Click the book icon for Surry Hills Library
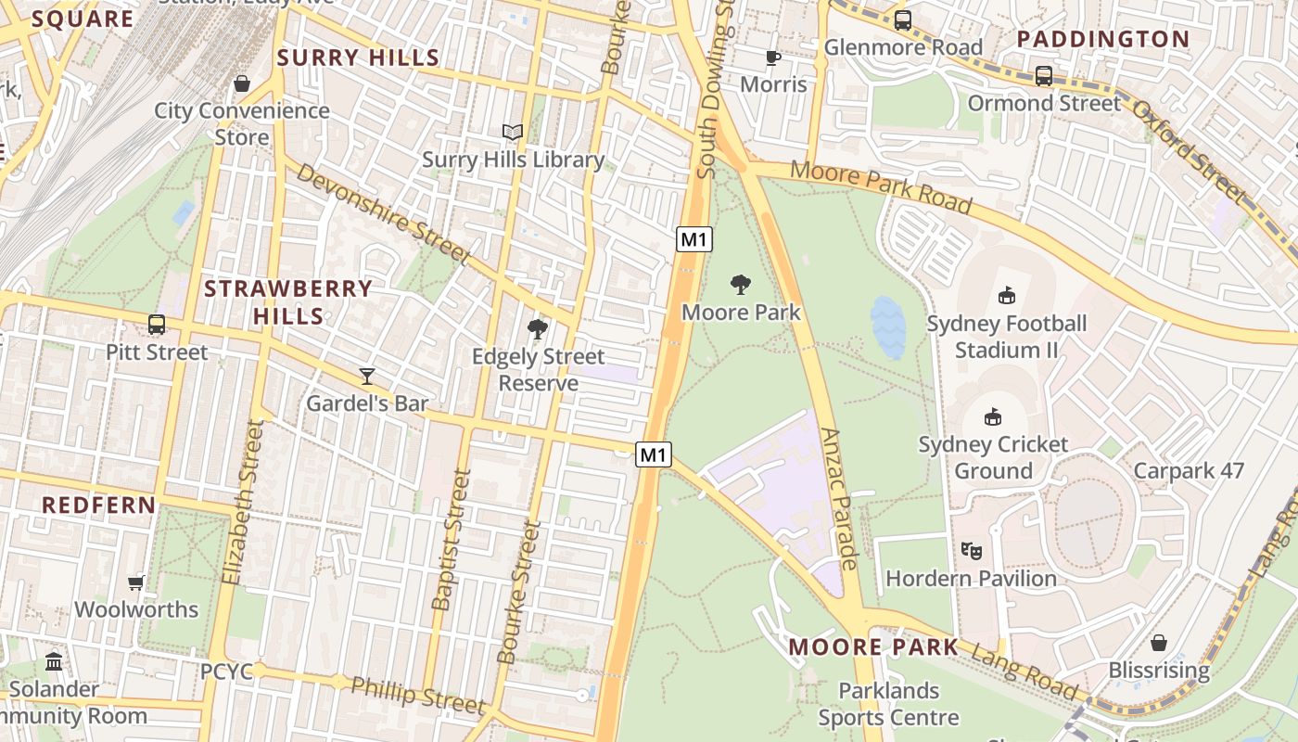coord(513,133)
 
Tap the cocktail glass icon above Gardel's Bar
coord(367,376)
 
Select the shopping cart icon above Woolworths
coord(136,582)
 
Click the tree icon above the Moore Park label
coord(741,284)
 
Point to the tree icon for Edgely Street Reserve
coord(537,328)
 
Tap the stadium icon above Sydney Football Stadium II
coord(1006,296)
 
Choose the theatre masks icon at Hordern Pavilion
coord(971,551)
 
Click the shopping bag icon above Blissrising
coord(1158,643)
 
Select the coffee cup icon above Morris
coord(773,58)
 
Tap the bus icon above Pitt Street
coord(157,325)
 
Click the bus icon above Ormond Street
coord(1044,76)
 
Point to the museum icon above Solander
coord(54,662)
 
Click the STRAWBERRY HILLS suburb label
coord(287,302)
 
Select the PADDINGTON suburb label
coord(1102,39)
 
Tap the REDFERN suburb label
coord(99,505)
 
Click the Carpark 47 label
coord(1189,471)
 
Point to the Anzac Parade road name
coord(841,498)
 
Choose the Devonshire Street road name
coord(384,215)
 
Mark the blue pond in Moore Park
coord(887,327)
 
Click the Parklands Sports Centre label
coord(888,704)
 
